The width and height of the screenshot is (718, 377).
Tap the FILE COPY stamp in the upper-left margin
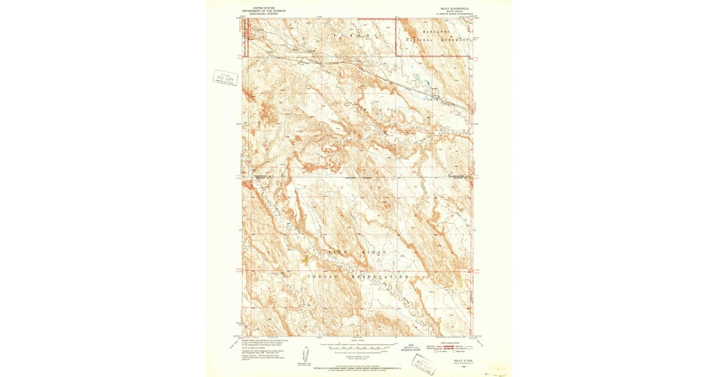point(226,78)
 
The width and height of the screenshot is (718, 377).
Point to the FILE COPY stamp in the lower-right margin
point(425,365)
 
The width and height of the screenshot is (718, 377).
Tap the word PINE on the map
point(336,253)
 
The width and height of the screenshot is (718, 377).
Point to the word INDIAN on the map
point(324,277)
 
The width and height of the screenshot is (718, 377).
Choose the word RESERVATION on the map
point(383,277)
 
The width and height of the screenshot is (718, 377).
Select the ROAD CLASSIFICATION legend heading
point(449,342)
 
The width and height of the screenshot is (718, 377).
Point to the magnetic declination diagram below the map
point(308,353)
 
